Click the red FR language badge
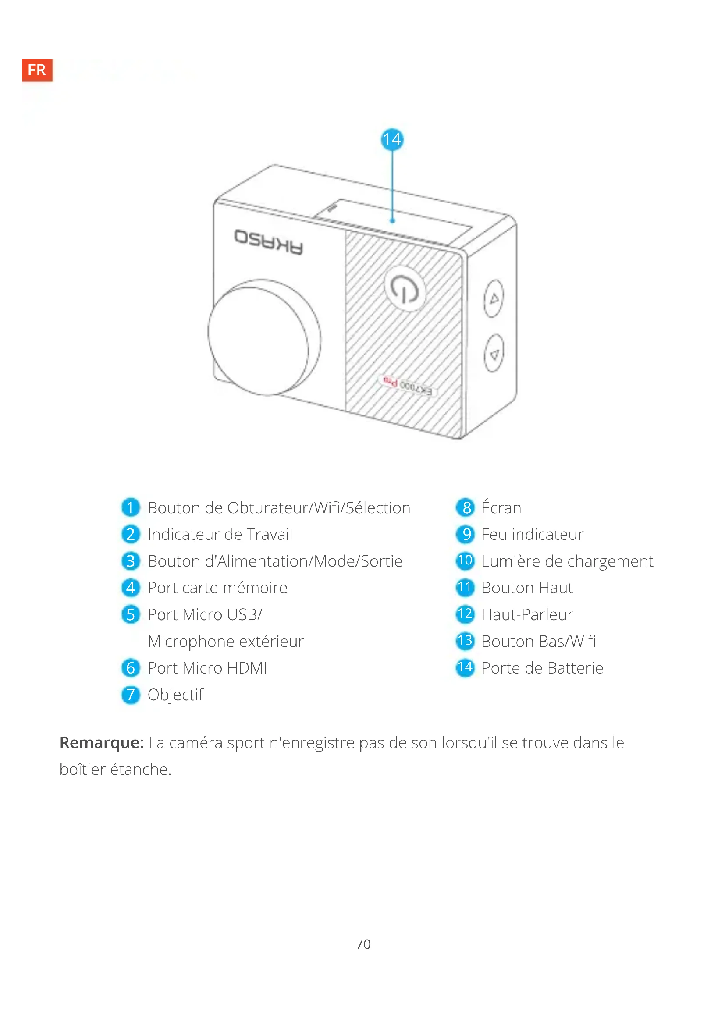(37, 69)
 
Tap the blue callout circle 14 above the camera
(392, 139)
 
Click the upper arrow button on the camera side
(494, 299)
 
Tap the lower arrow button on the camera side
(494, 354)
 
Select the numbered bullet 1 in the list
(130, 507)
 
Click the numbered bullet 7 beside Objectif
(130, 695)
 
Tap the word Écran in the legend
(501, 507)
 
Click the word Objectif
(175, 695)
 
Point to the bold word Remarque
(101, 742)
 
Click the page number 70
(363, 944)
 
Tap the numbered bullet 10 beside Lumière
(465, 561)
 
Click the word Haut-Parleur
(527, 615)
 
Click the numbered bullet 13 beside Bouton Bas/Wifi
(465, 641)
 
